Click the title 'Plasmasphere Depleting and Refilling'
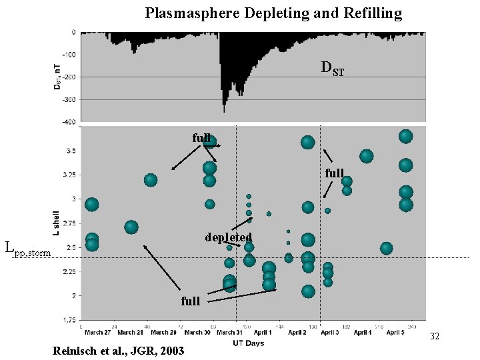click(x=273, y=13)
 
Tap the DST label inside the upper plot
click(x=333, y=67)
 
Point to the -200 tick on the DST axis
click(x=69, y=77)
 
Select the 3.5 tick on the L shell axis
click(x=70, y=151)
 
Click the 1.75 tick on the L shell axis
click(x=69, y=320)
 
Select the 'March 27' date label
click(x=98, y=332)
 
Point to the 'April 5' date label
click(x=393, y=332)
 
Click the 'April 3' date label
click(x=328, y=332)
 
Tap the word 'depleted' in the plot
click(x=228, y=237)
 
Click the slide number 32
click(x=435, y=336)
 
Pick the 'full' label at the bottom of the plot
click(x=191, y=301)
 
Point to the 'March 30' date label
click(x=198, y=332)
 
